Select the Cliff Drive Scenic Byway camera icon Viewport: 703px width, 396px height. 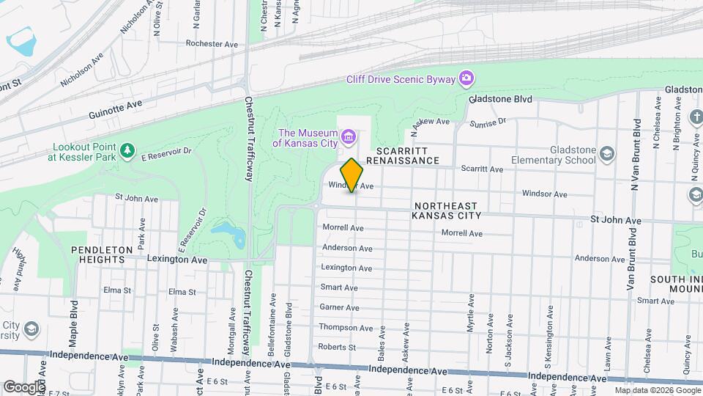(x=466, y=78)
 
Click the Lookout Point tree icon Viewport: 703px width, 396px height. (x=129, y=150)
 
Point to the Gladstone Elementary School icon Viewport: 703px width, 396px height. (x=606, y=153)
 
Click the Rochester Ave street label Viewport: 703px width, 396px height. (x=212, y=44)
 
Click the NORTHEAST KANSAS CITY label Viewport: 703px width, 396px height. (x=446, y=211)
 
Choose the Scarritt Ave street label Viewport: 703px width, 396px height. (x=481, y=169)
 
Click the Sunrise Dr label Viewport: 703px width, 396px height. (x=488, y=123)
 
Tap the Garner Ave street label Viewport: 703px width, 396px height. (x=339, y=308)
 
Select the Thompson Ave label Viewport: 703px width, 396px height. (x=346, y=328)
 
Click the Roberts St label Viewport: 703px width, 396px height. (x=337, y=348)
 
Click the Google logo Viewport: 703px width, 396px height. (x=23, y=386)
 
